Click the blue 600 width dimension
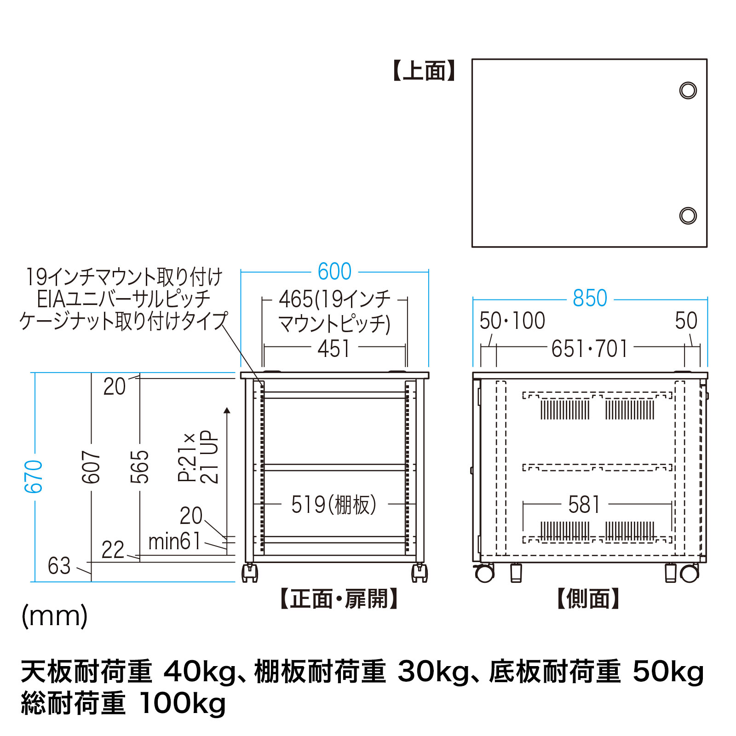[x=334, y=271]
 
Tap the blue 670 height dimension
[x=34, y=476]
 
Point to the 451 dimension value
[x=333, y=348]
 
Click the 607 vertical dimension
[x=91, y=467]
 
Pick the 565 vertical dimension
[x=140, y=467]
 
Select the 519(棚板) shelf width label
[x=334, y=505]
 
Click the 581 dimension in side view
[x=584, y=505]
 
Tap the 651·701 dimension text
[x=590, y=349]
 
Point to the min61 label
[x=174, y=541]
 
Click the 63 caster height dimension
[x=59, y=566]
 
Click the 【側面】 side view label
[x=589, y=599]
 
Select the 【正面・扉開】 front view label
[x=339, y=599]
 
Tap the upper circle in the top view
[x=688, y=90]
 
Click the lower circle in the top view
[x=688, y=215]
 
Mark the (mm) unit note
[x=55, y=616]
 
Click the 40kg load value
[x=200, y=673]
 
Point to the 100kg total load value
[x=182, y=704]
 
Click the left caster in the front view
[x=250, y=572]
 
